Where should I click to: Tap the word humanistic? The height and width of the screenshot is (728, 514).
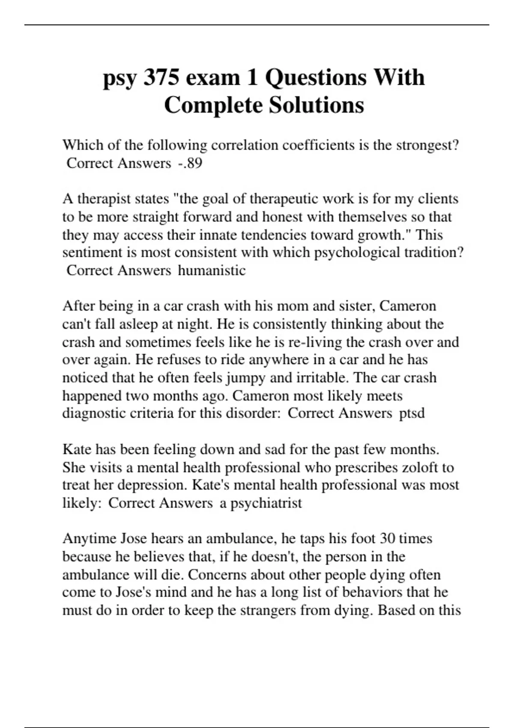[x=212, y=271]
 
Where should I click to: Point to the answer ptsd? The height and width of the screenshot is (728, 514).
[x=412, y=413]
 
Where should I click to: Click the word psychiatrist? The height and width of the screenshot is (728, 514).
[x=266, y=503]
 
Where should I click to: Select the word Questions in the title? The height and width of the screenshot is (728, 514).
[x=316, y=78]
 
